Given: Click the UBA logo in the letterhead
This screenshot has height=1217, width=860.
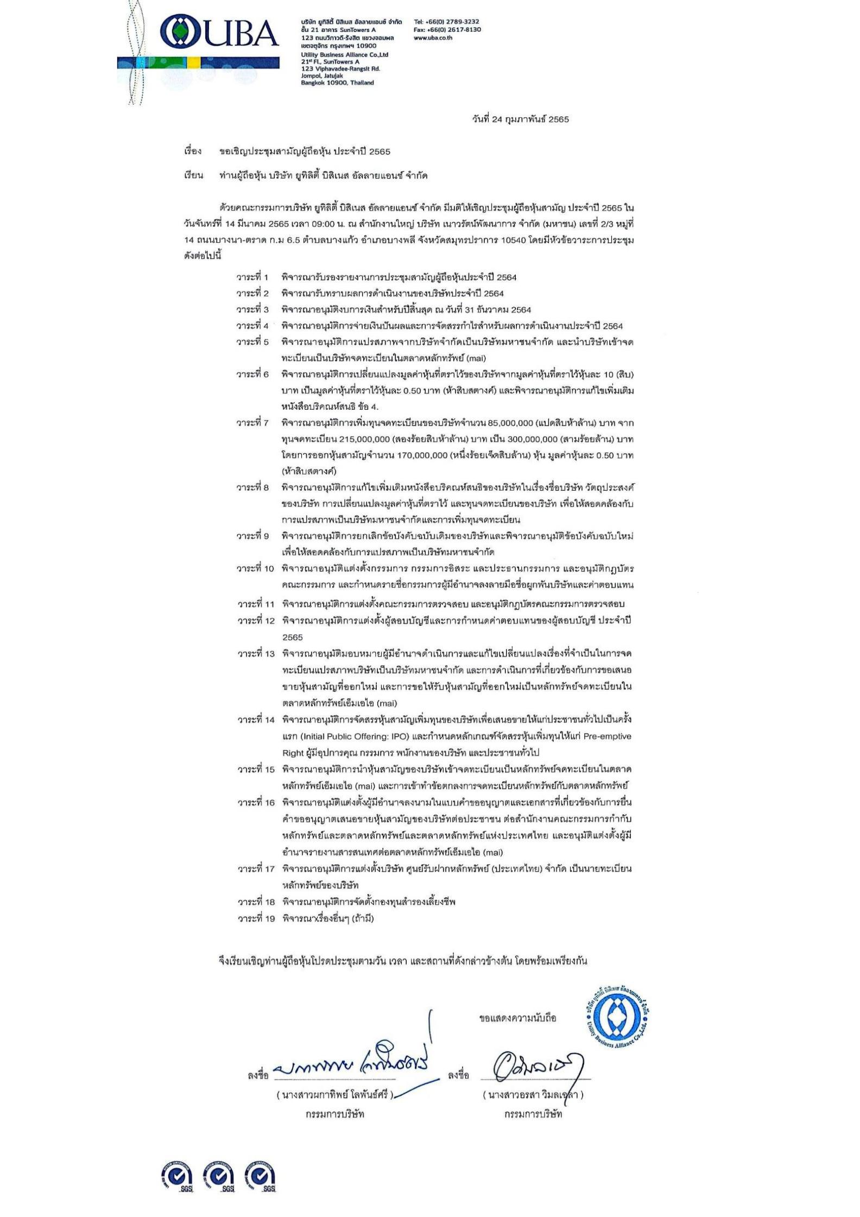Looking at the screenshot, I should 219,34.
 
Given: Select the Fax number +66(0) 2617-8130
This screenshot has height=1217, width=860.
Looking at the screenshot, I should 447,30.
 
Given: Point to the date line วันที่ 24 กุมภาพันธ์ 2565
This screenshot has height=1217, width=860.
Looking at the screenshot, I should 521,120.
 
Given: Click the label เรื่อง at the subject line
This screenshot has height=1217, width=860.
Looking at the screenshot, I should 193,151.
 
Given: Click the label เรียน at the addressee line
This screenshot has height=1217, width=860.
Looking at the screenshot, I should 193,176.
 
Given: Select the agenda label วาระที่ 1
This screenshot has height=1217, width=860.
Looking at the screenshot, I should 252,277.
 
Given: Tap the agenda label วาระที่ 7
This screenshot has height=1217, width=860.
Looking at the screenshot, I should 252,423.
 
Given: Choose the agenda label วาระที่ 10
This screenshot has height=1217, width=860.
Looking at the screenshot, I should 255,569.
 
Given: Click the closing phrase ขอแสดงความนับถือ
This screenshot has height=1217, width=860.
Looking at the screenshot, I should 517,1018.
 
